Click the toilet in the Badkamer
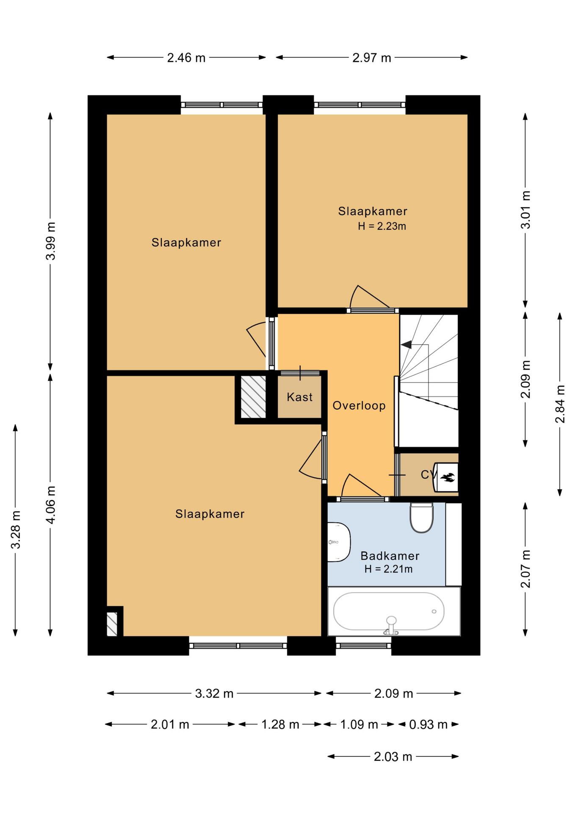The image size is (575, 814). pos(421,517)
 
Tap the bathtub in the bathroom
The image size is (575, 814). pos(389,611)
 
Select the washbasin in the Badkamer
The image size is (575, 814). pos(339,542)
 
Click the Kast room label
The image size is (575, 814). pos(299,397)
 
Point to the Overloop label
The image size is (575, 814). pos(359,406)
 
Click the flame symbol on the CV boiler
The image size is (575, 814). pos(448,477)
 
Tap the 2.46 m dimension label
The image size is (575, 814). pos(186,58)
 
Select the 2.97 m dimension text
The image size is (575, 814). pos(371,58)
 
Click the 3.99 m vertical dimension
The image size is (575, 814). pos(50,241)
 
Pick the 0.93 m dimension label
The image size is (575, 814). pos(428,725)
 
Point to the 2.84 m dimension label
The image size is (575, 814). pos(560,404)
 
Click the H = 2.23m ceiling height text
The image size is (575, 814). pos(382,226)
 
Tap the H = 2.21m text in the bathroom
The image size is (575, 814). pos(388,569)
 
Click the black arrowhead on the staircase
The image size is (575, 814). pos(406,345)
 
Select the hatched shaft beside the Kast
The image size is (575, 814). pos(253,397)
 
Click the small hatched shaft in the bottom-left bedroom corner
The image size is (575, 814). pos(112,624)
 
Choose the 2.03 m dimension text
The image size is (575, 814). pos(393,757)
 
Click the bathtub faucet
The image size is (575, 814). pos(391,626)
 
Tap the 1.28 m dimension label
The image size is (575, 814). pos(280,725)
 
